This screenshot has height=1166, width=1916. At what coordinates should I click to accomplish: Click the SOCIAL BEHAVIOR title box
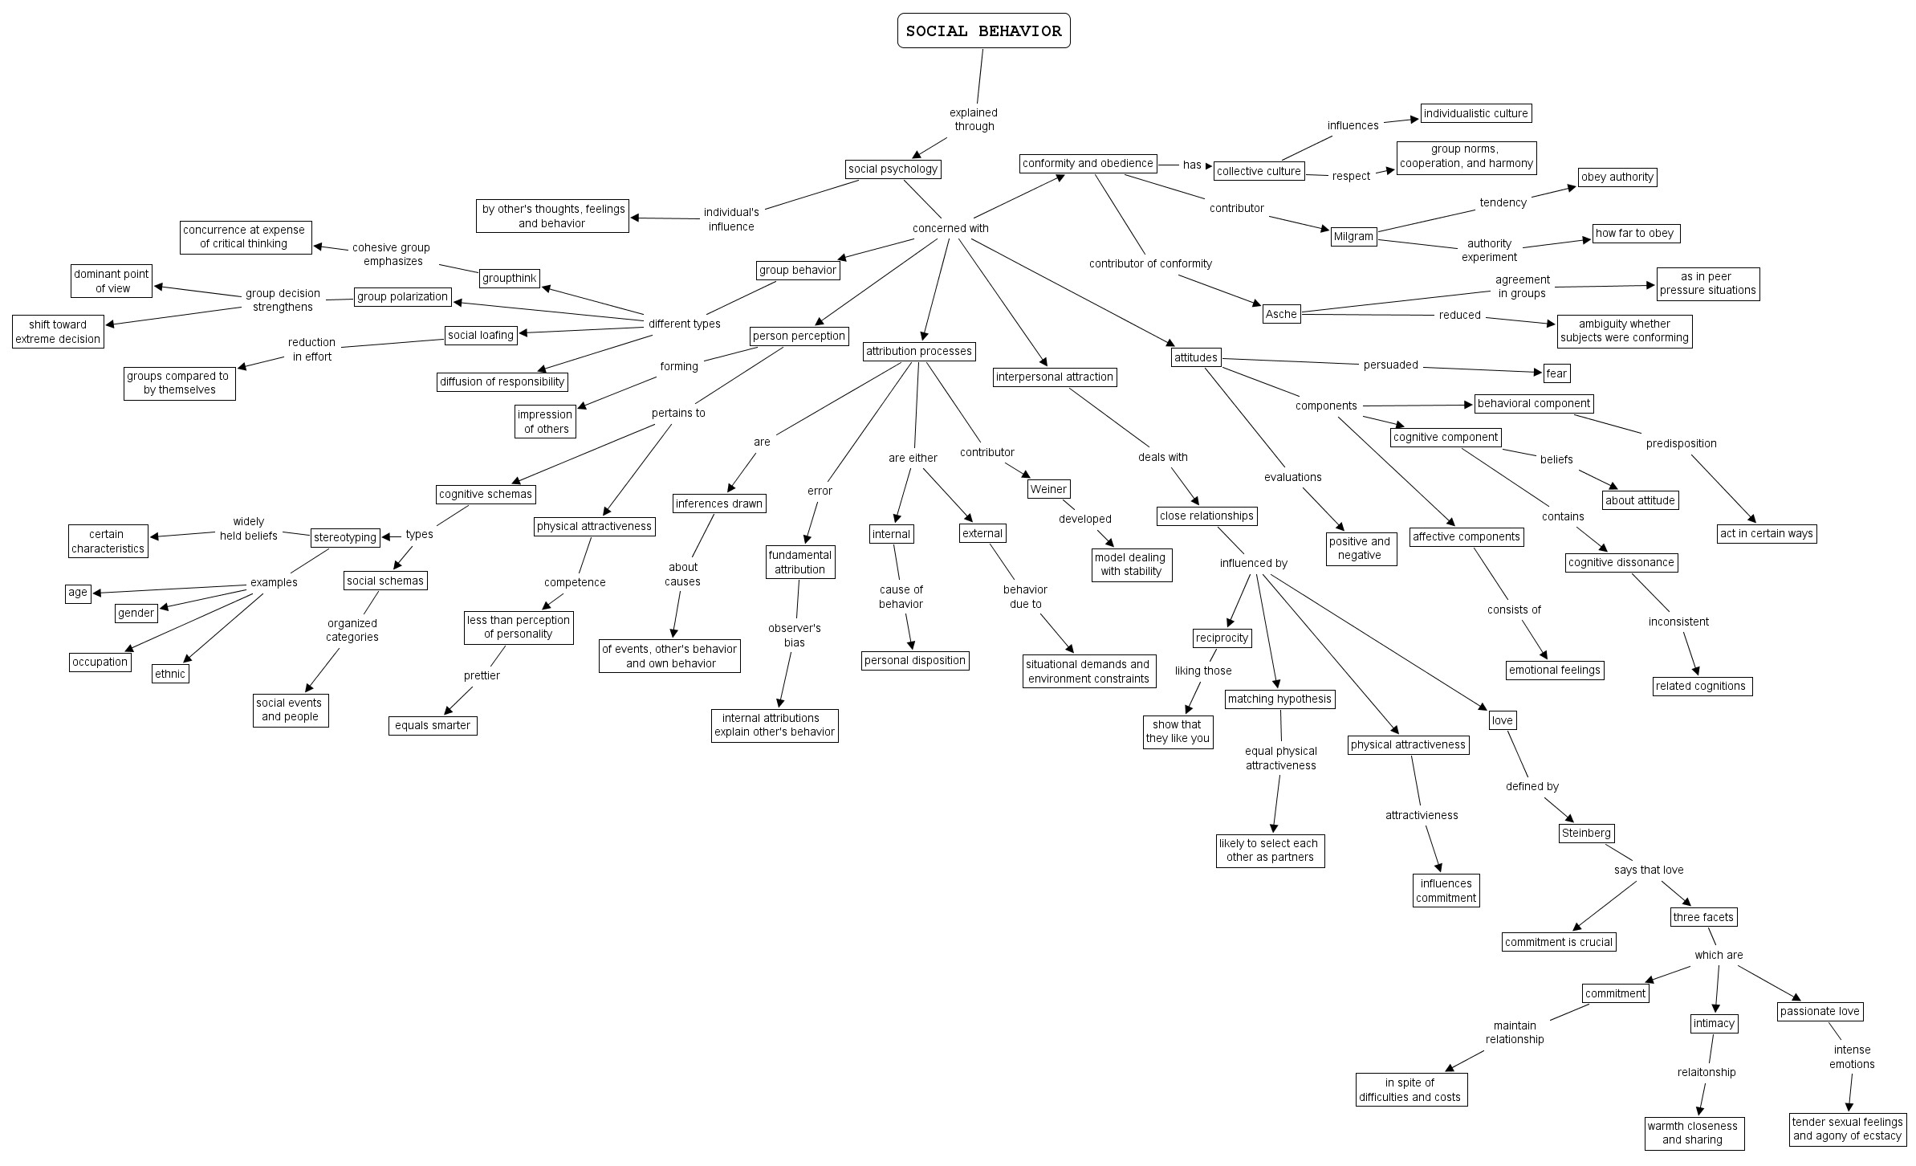pos(983,31)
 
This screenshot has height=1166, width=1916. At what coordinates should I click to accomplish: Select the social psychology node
pos(893,169)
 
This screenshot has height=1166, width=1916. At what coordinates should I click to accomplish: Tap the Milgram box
pos(1353,236)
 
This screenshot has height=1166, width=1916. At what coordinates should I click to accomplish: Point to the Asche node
pos(1281,314)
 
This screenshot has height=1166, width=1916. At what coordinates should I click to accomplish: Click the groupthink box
pos(509,278)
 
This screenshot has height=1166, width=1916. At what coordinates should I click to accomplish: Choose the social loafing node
pos(481,335)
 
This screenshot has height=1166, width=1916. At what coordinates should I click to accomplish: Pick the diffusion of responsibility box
pos(502,381)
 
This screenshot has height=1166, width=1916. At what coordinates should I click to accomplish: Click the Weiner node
pos(1048,489)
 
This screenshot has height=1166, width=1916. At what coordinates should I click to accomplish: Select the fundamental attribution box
pos(799,562)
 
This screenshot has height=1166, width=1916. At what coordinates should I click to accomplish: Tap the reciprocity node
pos(1222,638)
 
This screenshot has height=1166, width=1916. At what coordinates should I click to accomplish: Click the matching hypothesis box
pos(1279,699)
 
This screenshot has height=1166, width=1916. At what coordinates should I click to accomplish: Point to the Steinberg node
pos(1585,833)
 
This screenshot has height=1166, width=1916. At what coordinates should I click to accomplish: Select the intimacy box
pos(1714,1023)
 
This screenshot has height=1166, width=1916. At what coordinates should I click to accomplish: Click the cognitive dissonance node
pos(1621,562)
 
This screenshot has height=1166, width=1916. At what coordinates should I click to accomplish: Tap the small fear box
pos(1556,373)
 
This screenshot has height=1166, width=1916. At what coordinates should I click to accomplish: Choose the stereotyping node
pos(345,537)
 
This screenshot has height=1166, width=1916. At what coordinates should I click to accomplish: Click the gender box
pos(136,613)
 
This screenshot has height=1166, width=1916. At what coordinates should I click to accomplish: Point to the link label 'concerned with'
pos(950,228)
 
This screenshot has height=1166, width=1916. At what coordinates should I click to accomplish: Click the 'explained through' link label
pos(974,120)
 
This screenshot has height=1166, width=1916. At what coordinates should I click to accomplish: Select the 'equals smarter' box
pos(433,725)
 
